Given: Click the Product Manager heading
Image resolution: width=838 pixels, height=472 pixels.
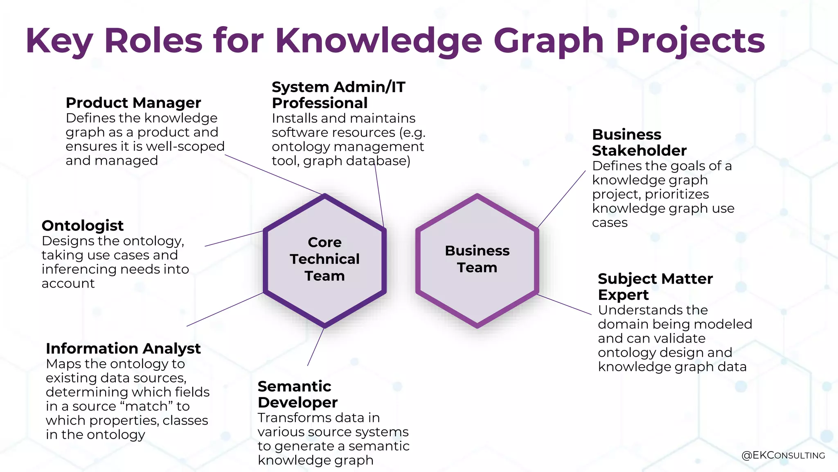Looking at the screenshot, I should click(133, 103).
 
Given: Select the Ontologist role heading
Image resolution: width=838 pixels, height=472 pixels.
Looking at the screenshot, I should click(83, 226).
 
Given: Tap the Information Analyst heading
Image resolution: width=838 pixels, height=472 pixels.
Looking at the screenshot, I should click(123, 349).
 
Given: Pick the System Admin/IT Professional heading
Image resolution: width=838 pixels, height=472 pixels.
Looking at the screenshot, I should click(338, 95).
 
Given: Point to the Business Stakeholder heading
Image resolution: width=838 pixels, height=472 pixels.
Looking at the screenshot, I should click(639, 143).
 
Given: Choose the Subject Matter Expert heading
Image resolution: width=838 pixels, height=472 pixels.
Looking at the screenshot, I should click(655, 287).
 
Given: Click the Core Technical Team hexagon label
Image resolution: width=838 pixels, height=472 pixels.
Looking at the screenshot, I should click(325, 259).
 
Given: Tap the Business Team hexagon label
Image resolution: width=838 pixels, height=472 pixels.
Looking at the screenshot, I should click(477, 259).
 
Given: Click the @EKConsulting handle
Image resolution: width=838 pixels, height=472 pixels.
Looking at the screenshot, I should click(783, 455).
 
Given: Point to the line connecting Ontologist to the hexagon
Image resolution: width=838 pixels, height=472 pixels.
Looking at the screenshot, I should click(234, 239).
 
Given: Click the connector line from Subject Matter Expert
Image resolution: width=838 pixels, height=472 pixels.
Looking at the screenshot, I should click(564, 304).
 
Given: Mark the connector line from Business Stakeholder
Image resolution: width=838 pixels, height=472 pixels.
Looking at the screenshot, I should click(561, 200).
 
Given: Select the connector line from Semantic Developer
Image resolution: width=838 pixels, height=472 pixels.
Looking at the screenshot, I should click(315, 347).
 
